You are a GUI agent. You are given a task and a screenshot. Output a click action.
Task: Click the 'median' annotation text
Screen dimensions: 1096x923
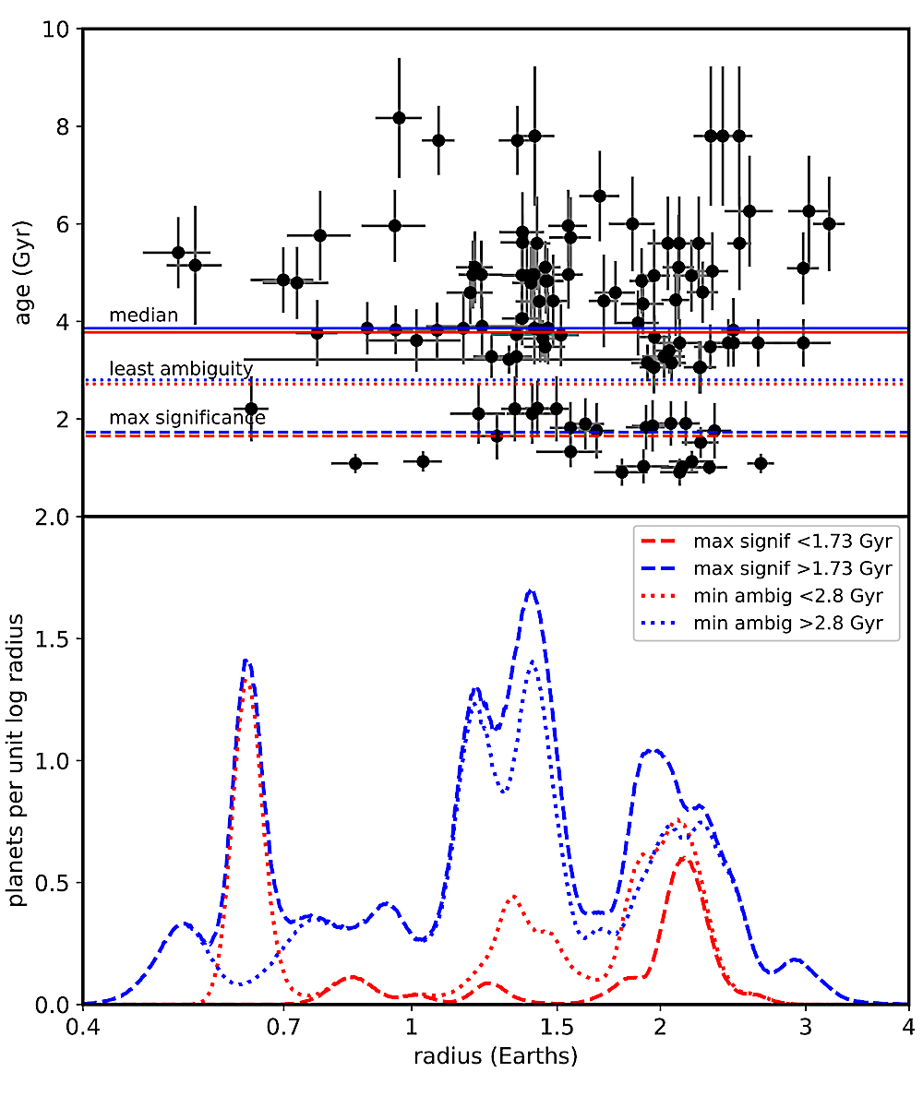coord(143,316)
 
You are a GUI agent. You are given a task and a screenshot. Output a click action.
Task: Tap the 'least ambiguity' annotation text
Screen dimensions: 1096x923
coord(181,369)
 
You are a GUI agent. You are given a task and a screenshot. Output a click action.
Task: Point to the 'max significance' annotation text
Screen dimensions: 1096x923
coord(187,418)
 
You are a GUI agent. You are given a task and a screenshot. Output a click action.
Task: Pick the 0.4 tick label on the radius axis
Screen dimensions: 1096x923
coord(83,1027)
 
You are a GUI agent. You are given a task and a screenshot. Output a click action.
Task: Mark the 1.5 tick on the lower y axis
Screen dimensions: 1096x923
coord(55,638)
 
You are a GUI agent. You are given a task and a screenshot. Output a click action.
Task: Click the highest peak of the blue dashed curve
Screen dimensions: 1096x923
coord(531,590)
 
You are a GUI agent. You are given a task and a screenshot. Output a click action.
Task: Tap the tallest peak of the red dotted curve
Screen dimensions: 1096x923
coord(247,684)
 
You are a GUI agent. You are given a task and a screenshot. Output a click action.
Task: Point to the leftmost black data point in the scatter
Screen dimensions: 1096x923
coord(178,253)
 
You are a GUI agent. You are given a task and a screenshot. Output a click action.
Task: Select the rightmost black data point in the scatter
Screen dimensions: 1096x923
coord(829,223)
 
